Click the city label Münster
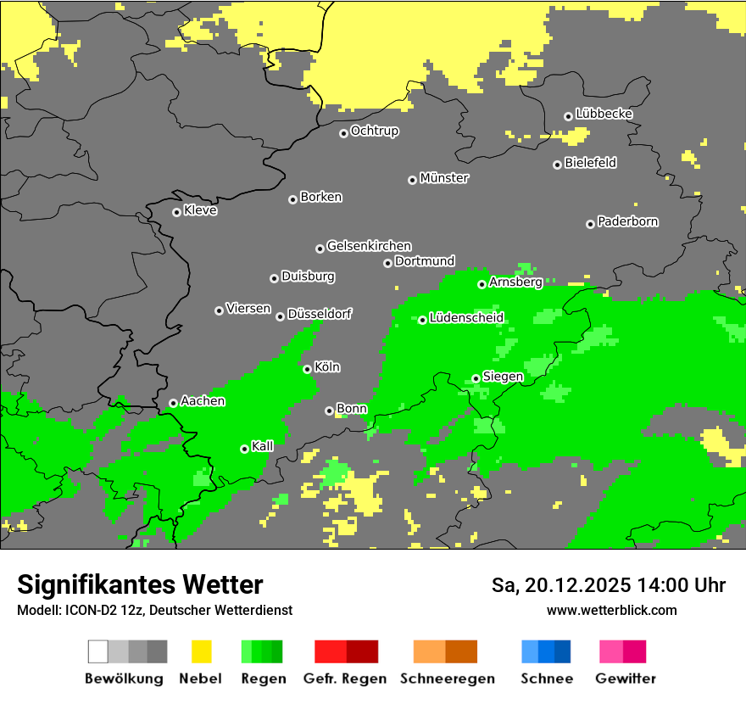444,178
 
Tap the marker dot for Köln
307,369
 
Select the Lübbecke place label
604,114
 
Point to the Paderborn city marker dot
590,224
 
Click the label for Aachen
203,401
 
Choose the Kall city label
263,446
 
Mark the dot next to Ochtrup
343,133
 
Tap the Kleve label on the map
200,210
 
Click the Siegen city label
503,377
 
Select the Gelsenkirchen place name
369,246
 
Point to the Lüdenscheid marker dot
422,320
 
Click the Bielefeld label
590,163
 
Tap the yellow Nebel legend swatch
201,651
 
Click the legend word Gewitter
626,679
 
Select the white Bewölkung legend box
98,651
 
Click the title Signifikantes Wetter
140,584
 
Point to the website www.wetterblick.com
611,610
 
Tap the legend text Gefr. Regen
345,679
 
